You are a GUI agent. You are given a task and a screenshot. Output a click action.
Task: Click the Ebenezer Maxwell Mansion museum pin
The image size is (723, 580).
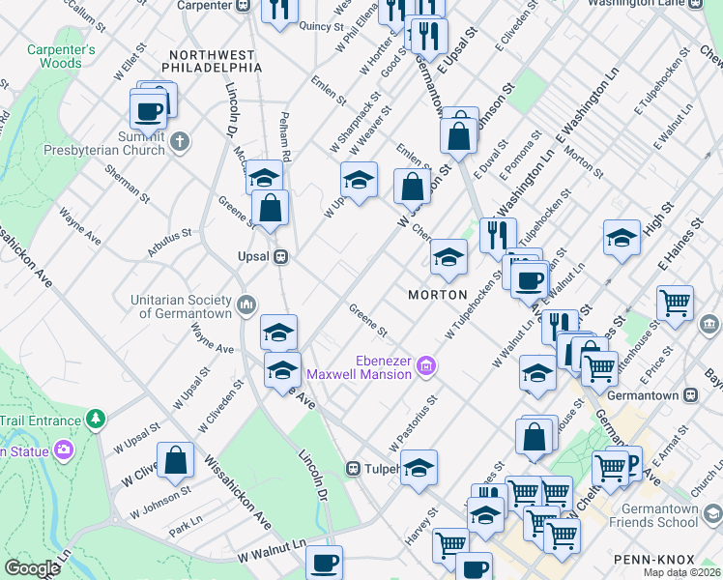[x=426, y=366]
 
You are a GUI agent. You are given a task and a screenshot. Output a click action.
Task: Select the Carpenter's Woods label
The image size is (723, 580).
[x=61, y=56]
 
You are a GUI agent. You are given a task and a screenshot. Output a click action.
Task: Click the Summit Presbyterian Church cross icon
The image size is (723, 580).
[x=179, y=143]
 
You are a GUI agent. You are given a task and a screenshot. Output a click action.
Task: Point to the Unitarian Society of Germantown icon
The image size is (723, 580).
[x=246, y=305]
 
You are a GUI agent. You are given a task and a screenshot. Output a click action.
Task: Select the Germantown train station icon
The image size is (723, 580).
[x=690, y=394]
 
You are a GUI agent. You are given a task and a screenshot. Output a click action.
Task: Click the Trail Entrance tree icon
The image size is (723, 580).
[x=95, y=420]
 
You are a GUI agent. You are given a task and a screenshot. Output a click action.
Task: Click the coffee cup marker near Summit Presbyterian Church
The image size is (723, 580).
[x=148, y=110]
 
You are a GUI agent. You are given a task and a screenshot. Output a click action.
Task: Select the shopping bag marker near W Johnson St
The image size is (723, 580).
[x=175, y=460]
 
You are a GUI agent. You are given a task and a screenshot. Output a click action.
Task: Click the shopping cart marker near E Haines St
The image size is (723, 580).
[x=674, y=302]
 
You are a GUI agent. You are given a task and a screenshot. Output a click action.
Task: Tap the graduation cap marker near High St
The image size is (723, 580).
[x=622, y=237]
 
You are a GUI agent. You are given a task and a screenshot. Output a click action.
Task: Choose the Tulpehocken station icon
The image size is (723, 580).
[x=355, y=469]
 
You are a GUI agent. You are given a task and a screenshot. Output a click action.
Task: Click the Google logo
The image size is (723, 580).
[x=32, y=568]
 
